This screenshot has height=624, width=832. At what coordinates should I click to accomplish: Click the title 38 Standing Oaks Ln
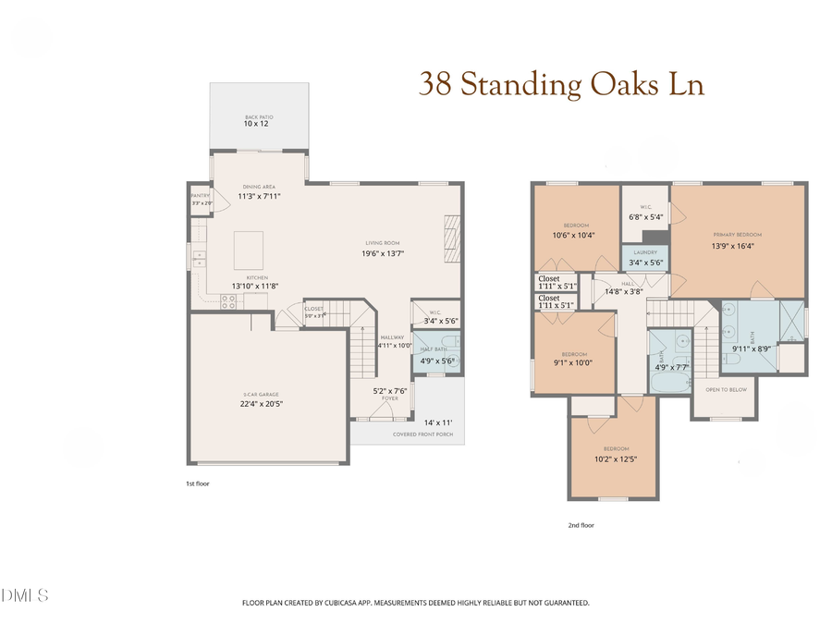561,85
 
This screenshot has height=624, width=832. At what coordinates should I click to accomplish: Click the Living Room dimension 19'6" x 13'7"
384,253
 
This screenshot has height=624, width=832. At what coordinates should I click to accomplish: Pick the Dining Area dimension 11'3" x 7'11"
259,196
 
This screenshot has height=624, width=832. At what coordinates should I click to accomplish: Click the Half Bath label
434,349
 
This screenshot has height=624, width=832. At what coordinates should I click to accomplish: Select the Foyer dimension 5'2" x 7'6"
390,390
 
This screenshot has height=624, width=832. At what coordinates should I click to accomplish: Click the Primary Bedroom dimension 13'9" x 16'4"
739,246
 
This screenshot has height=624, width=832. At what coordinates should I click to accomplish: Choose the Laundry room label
644,251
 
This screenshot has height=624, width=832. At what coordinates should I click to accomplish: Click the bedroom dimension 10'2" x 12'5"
617,459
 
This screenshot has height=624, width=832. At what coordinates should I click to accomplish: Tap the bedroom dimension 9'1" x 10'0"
575,362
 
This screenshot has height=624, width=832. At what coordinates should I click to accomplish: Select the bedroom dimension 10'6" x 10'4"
573,235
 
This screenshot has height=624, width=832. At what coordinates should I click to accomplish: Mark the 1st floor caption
198,483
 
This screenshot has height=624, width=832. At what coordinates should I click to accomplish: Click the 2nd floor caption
581,524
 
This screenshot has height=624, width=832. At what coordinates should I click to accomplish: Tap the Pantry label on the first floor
201,196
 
